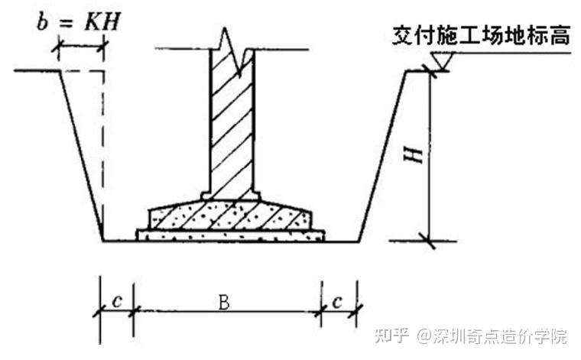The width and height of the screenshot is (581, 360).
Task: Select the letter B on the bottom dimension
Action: (223, 302)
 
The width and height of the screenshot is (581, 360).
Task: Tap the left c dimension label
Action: (116, 300)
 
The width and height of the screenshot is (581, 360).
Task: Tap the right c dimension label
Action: (337, 300)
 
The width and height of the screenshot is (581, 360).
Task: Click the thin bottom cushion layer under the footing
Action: (230, 235)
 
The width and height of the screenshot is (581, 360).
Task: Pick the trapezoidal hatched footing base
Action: (230, 216)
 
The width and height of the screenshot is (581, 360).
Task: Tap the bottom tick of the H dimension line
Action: (430, 243)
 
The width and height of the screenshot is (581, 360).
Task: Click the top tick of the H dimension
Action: (430, 72)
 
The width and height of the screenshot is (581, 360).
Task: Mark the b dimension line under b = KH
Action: (80, 47)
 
